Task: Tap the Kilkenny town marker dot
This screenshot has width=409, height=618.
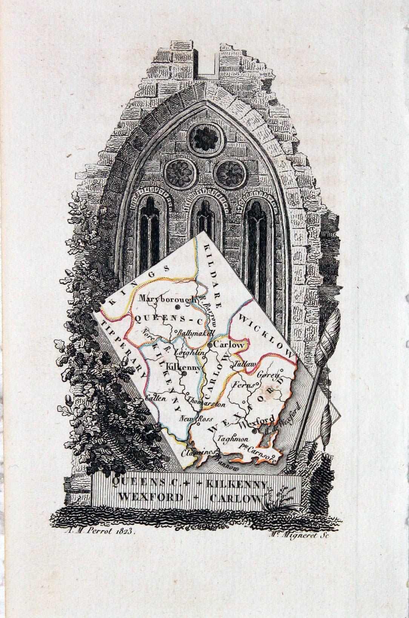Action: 185,373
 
